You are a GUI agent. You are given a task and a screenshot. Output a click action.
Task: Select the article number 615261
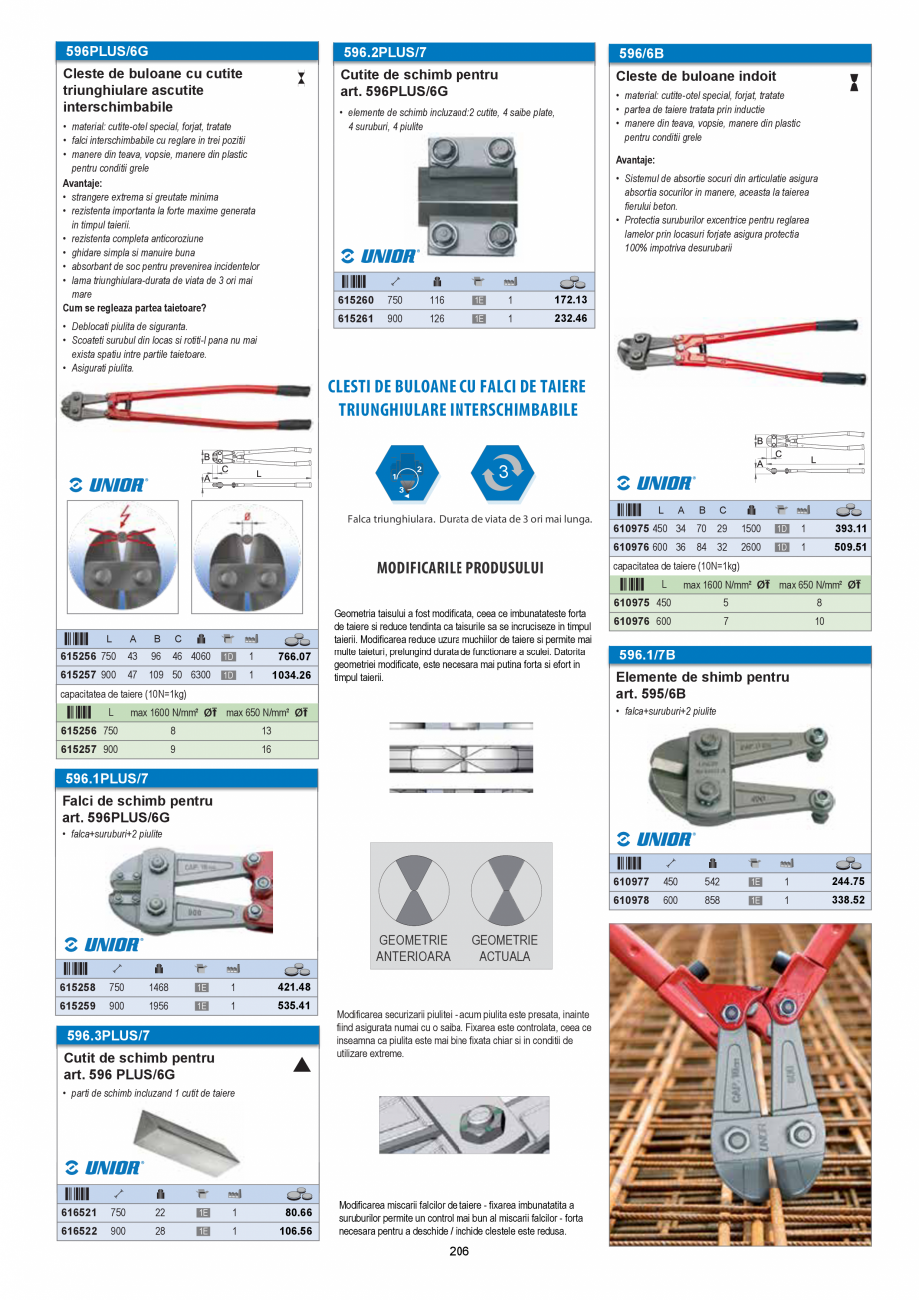click(x=356, y=319)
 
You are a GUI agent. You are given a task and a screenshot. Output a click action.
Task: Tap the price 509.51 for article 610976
click(x=850, y=547)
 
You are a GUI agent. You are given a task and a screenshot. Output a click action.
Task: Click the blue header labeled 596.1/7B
click(x=647, y=655)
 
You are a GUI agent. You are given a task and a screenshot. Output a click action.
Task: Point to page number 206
click(x=459, y=1252)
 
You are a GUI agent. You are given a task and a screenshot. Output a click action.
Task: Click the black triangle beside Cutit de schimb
click(x=301, y=1065)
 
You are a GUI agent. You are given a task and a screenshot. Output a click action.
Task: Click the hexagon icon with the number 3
click(x=502, y=473)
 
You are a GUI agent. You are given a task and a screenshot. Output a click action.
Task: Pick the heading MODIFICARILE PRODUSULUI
click(x=459, y=568)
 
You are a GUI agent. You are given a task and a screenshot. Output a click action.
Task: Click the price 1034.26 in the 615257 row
click(x=291, y=675)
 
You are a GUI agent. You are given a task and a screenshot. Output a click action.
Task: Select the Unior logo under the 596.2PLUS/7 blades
click(x=380, y=256)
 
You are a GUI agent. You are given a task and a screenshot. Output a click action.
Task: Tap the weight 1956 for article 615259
click(x=158, y=1006)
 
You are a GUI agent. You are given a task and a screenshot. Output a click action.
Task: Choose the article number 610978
click(x=631, y=900)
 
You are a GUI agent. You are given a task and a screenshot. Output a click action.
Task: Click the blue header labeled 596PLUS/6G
click(x=107, y=51)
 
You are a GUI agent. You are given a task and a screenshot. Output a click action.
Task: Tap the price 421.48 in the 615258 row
click(x=294, y=988)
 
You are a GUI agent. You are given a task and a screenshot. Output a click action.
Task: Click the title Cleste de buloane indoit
click(x=695, y=76)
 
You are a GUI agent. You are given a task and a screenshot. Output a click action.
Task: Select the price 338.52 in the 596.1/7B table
click(x=847, y=900)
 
